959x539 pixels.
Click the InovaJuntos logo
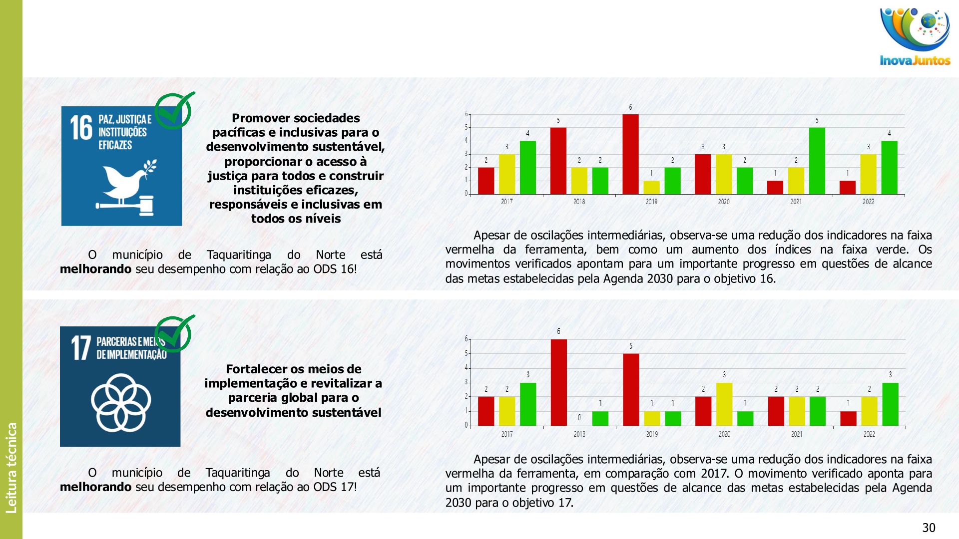click(915, 37)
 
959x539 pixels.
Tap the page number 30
click(929, 528)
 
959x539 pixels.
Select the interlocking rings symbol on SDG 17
click(120, 402)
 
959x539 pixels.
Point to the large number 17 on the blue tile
click(80, 347)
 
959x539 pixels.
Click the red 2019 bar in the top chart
click(630, 154)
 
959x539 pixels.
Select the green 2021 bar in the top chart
click(817, 161)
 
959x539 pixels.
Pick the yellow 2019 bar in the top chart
click(651, 187)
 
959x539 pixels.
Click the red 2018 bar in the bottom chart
click(558, 382)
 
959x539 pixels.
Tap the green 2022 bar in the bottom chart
click(890, 404)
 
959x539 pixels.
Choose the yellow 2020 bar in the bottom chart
click(724, 404)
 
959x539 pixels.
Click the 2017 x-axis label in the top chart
click(506, 202)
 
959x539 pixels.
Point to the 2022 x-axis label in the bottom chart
click(869, 434)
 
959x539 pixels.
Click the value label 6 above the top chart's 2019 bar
click(630, 107)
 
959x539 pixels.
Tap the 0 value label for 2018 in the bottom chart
click(579, 418)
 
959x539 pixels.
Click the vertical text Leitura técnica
click(11, 468)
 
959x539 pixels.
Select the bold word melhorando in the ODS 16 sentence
click(95, 269)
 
